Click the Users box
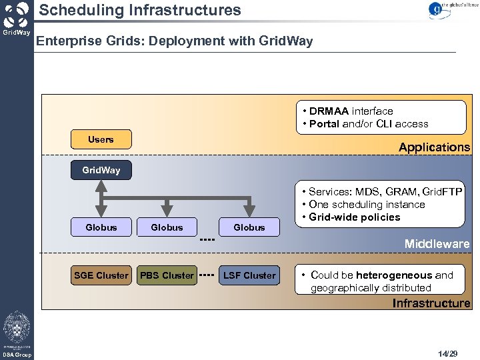(101, 139)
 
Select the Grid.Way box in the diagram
(101, 170)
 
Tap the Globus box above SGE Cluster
(101, 227)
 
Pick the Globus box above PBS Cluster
(167, 227)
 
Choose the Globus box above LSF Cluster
(249, 227)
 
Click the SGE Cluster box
(101, 275)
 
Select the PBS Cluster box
(167, 275)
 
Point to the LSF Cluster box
(249, 275)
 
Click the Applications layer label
(434, 147)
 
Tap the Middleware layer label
(437, 244)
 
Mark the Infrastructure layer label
(431, 303)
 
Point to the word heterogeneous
(394, 275)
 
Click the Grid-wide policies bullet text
(355, 217)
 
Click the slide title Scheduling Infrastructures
(139, 10)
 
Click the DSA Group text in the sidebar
(16, 355)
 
